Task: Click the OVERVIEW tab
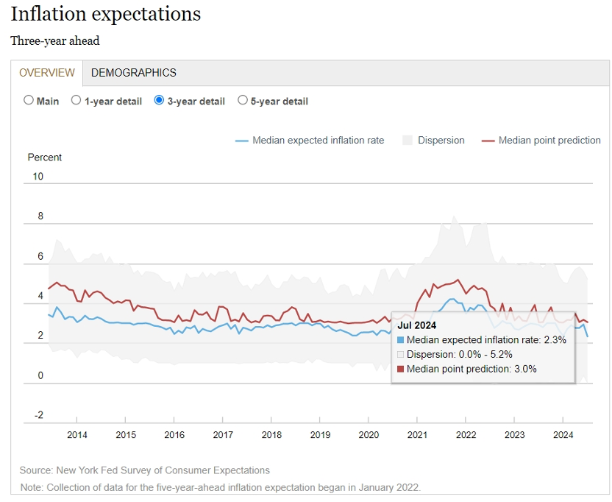[x=47, y=73]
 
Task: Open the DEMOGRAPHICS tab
[x=133, y=73]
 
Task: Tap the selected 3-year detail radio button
[x=159, y=100]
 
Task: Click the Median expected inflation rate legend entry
[x=310, y=141]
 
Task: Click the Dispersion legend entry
[x=433, y=141]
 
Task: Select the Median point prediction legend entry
[x=541, y=141]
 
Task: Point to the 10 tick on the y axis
[x=38, y=177]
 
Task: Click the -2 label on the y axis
[x=39, y=415]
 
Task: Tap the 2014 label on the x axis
[x=77, y=435]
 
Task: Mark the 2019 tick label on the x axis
[x=320, y=435]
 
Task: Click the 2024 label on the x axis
[x=563, y=435]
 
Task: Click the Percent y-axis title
[x=44, y=158]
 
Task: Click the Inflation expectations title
[x=106, y=15]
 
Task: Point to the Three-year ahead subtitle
[x=55, y=40]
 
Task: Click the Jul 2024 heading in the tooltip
[x=417, y=325]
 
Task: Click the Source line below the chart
[x=144, y=470]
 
